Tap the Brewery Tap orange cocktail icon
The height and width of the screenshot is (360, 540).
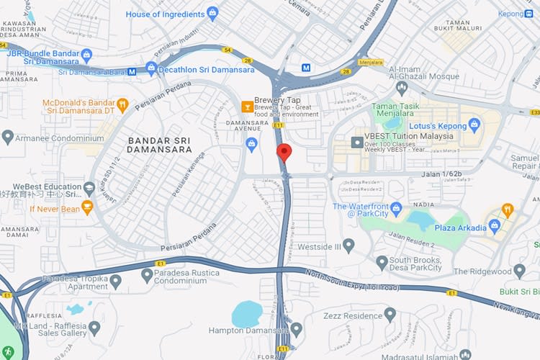(x=247, y=107)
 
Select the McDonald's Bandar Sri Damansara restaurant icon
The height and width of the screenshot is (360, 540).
(x=122, y=104)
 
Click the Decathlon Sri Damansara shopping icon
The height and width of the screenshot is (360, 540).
(x=151, y=69)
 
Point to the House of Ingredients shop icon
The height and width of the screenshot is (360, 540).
(x=212, y=13)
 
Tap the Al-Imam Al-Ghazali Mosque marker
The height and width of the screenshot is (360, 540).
(x=402, y=88)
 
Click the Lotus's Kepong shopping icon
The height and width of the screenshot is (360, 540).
(x=474, y=125)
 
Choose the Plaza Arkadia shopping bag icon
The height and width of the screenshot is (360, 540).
(x=495, y=227)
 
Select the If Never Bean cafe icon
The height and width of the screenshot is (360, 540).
(x=87, y=209)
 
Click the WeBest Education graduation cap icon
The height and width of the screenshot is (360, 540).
(x=89, y=189)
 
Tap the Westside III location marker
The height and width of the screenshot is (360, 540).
(x=348, y=246)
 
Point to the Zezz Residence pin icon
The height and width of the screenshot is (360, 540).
(x=390, y=315)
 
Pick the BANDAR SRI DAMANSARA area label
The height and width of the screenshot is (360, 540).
(x=159, y=145)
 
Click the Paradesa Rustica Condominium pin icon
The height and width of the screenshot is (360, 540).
(x=148, y=274)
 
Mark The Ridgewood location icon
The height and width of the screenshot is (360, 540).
(x=520, y=271)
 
